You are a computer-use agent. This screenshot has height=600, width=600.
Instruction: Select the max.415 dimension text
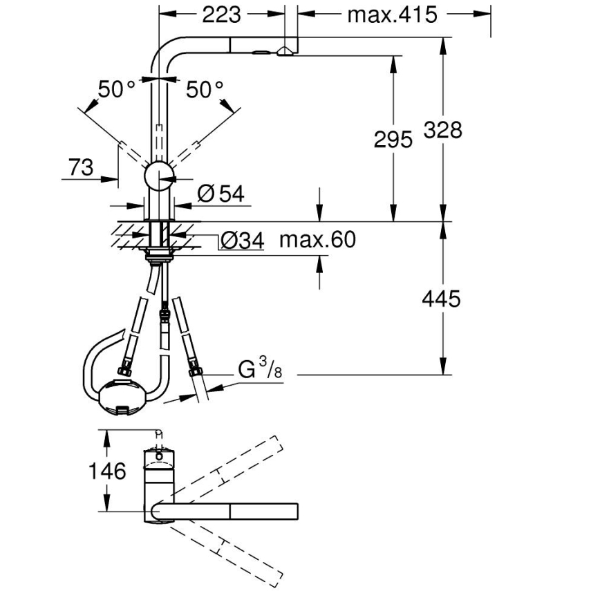[392, 14]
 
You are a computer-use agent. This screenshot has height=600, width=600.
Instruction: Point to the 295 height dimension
[393, 139]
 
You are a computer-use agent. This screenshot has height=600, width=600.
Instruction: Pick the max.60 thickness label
[317, 240]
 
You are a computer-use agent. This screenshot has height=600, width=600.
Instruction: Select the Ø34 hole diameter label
[242, 240]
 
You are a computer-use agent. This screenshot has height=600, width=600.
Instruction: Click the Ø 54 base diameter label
[221, 194]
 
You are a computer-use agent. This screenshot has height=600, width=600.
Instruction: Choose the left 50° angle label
[117, 88]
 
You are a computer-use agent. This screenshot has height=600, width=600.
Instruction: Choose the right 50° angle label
[205, 88]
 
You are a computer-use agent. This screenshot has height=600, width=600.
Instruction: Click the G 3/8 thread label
[260, 370]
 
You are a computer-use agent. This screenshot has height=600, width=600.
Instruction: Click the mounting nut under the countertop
[159, 256]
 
